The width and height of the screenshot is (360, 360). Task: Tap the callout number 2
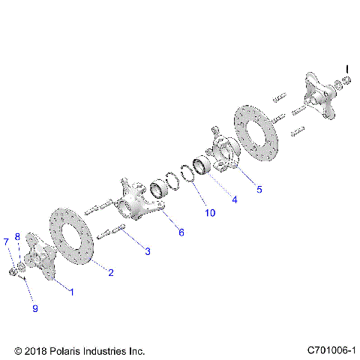(x=110, y=272)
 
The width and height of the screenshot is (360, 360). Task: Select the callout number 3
(x=147, y=251)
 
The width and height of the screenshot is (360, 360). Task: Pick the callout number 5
(x=259, y=189)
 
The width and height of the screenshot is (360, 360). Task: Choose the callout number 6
(x=180, y=232)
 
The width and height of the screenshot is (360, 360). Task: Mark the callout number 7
(x=6, y=241)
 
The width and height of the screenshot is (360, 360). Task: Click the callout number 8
(x=18, y=237)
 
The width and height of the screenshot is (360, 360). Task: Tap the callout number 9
(x=34, y=308)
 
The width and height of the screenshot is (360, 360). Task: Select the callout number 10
(x=210, y=213)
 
